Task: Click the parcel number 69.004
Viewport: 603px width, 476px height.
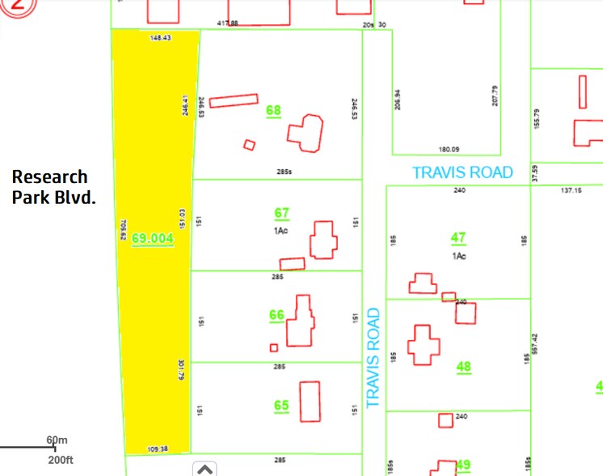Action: tap(153, 239)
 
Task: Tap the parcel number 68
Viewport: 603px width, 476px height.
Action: tap(274, 110)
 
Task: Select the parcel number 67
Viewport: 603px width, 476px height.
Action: tap(281, 213)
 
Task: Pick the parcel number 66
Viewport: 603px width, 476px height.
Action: tap(276, 315)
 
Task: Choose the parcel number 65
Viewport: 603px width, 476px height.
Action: tap(281, 406)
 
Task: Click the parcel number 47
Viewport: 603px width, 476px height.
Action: tap(458, 238)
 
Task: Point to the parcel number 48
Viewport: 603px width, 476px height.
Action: tap(463, 367)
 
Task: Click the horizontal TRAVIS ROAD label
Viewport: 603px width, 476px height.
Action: tap(462, 172)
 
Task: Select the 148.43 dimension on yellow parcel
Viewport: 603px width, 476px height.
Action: tap(160, 38)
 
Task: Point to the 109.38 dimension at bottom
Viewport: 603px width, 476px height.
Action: tap(158, 449)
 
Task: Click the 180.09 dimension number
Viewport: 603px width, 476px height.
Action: tap(449, 150)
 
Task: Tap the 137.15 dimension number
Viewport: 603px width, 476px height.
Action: tap(571, 190)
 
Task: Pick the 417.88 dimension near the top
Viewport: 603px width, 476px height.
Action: tap(228, 24)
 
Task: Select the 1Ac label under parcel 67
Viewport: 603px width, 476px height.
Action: tap(281, 230)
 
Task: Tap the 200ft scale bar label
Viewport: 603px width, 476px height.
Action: tap(60, 460)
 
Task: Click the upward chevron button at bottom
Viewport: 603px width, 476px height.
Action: tap(205, 468)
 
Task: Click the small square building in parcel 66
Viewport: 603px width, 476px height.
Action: tap(274, 348)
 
